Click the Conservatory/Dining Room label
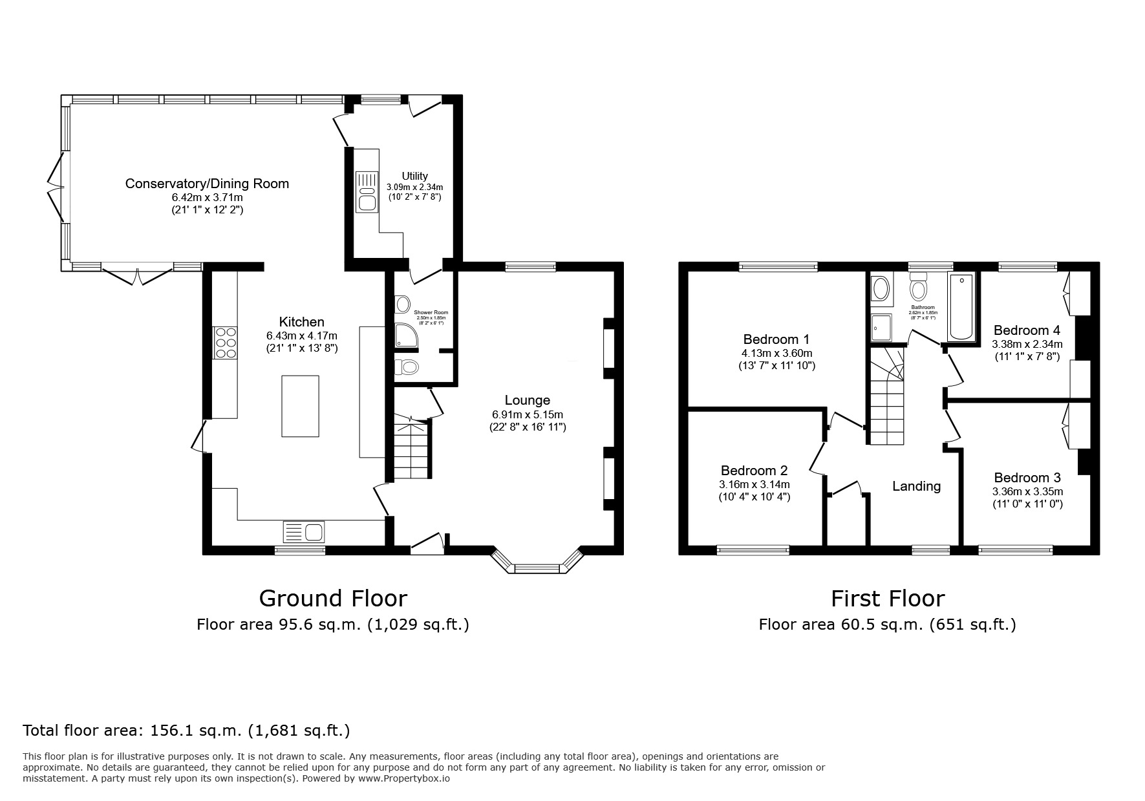(x=207, y=184)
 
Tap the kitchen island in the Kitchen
(x=300, y=406)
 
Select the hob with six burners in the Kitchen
(x=225, y=343)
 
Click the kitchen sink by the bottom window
(x=305, y=532)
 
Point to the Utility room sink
(x=367, y=192)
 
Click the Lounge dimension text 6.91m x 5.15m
(x=528, y=414)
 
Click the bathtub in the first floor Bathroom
(x=963, y=306)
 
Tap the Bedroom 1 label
(x=776, y=339)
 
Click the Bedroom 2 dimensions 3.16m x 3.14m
(x=754, y=484)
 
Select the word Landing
(x=916, y=486)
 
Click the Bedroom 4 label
(x=1027, y=330)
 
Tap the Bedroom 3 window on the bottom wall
(x=1016, y=550)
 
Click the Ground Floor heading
(x=333, y=599)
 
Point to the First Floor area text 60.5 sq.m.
(x=887, y=625)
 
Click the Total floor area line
(x=186, y=731)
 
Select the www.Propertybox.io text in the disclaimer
(x=404, y=778)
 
